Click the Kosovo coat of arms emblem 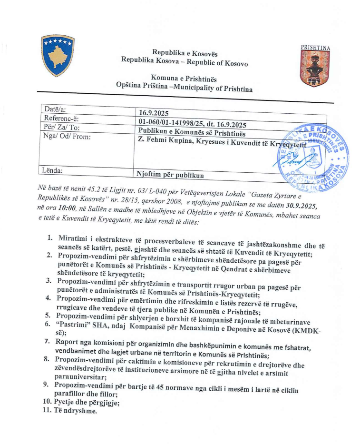(57, 56)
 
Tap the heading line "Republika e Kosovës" (178, 52)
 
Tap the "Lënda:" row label (52, 170)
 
